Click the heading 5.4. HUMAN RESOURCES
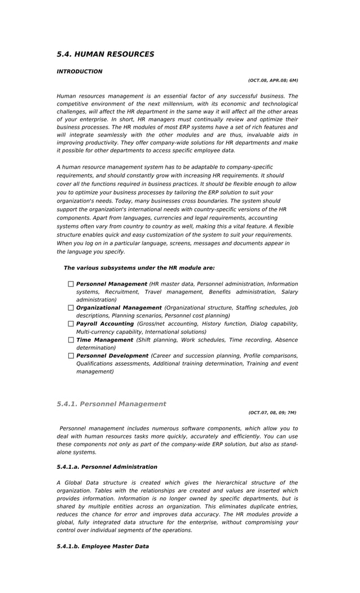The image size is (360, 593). (x=106, y=54)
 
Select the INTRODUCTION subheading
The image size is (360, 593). (x=80, y=72)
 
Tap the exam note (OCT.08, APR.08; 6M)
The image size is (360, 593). (x=273, y=81)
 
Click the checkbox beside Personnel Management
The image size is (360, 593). (x=71, y=284)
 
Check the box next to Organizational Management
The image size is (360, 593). (x=71, y=308)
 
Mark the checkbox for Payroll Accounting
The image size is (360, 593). (x=71, y=324)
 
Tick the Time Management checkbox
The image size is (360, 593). (x=71, y=340)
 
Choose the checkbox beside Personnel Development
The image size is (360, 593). (x=71, y=356)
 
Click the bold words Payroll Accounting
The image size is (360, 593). (x=105, y=324)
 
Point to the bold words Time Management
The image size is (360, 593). (x=104, y=340)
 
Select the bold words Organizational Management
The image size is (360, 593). (x=118, y=308)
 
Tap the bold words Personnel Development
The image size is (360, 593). (x=112, y=355)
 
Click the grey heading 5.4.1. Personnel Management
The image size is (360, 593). (x=111, y=404)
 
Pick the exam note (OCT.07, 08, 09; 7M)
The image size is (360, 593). (x=272, y=412)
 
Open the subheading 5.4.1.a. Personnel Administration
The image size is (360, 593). (x=107, y=467)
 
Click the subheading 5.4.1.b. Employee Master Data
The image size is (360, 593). (x=103, y=546)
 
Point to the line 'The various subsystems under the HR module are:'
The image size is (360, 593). (x=139, y=268)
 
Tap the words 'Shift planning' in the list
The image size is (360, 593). (x=155, y=340)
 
